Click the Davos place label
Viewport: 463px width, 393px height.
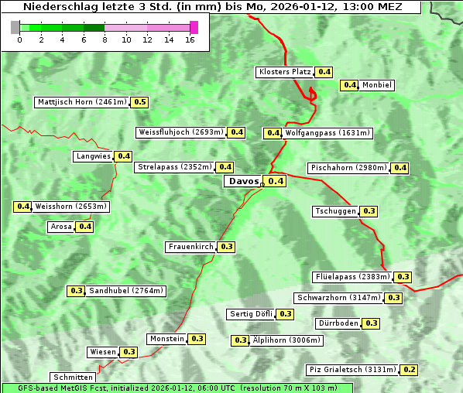coord(243,181)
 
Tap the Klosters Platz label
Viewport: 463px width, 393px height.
coord(284,72)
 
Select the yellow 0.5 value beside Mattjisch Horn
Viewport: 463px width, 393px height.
coord(139,102)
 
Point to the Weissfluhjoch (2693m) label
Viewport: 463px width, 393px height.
coord(181,132)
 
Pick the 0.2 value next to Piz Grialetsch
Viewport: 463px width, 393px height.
coord(410,370)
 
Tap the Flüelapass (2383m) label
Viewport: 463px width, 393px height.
coord(352,277)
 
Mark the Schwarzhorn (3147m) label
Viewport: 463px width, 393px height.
coord(339,298)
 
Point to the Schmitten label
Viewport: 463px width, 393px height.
coord(74,378)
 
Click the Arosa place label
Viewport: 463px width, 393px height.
coord(61,227)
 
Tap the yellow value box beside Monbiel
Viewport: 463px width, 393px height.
coord(350,85)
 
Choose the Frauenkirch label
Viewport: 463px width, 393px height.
coord(190,247)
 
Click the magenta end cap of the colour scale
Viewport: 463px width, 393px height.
coord(194,27)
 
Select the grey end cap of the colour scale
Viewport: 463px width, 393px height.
coord(15,27)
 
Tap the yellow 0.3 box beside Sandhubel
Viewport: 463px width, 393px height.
coord(76,292)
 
